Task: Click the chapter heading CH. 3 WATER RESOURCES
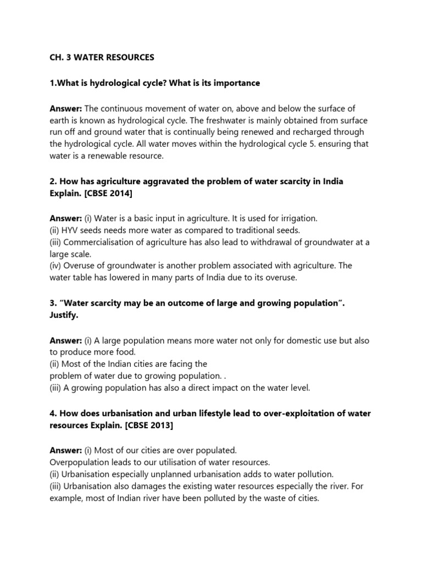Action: click(99, 57)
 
